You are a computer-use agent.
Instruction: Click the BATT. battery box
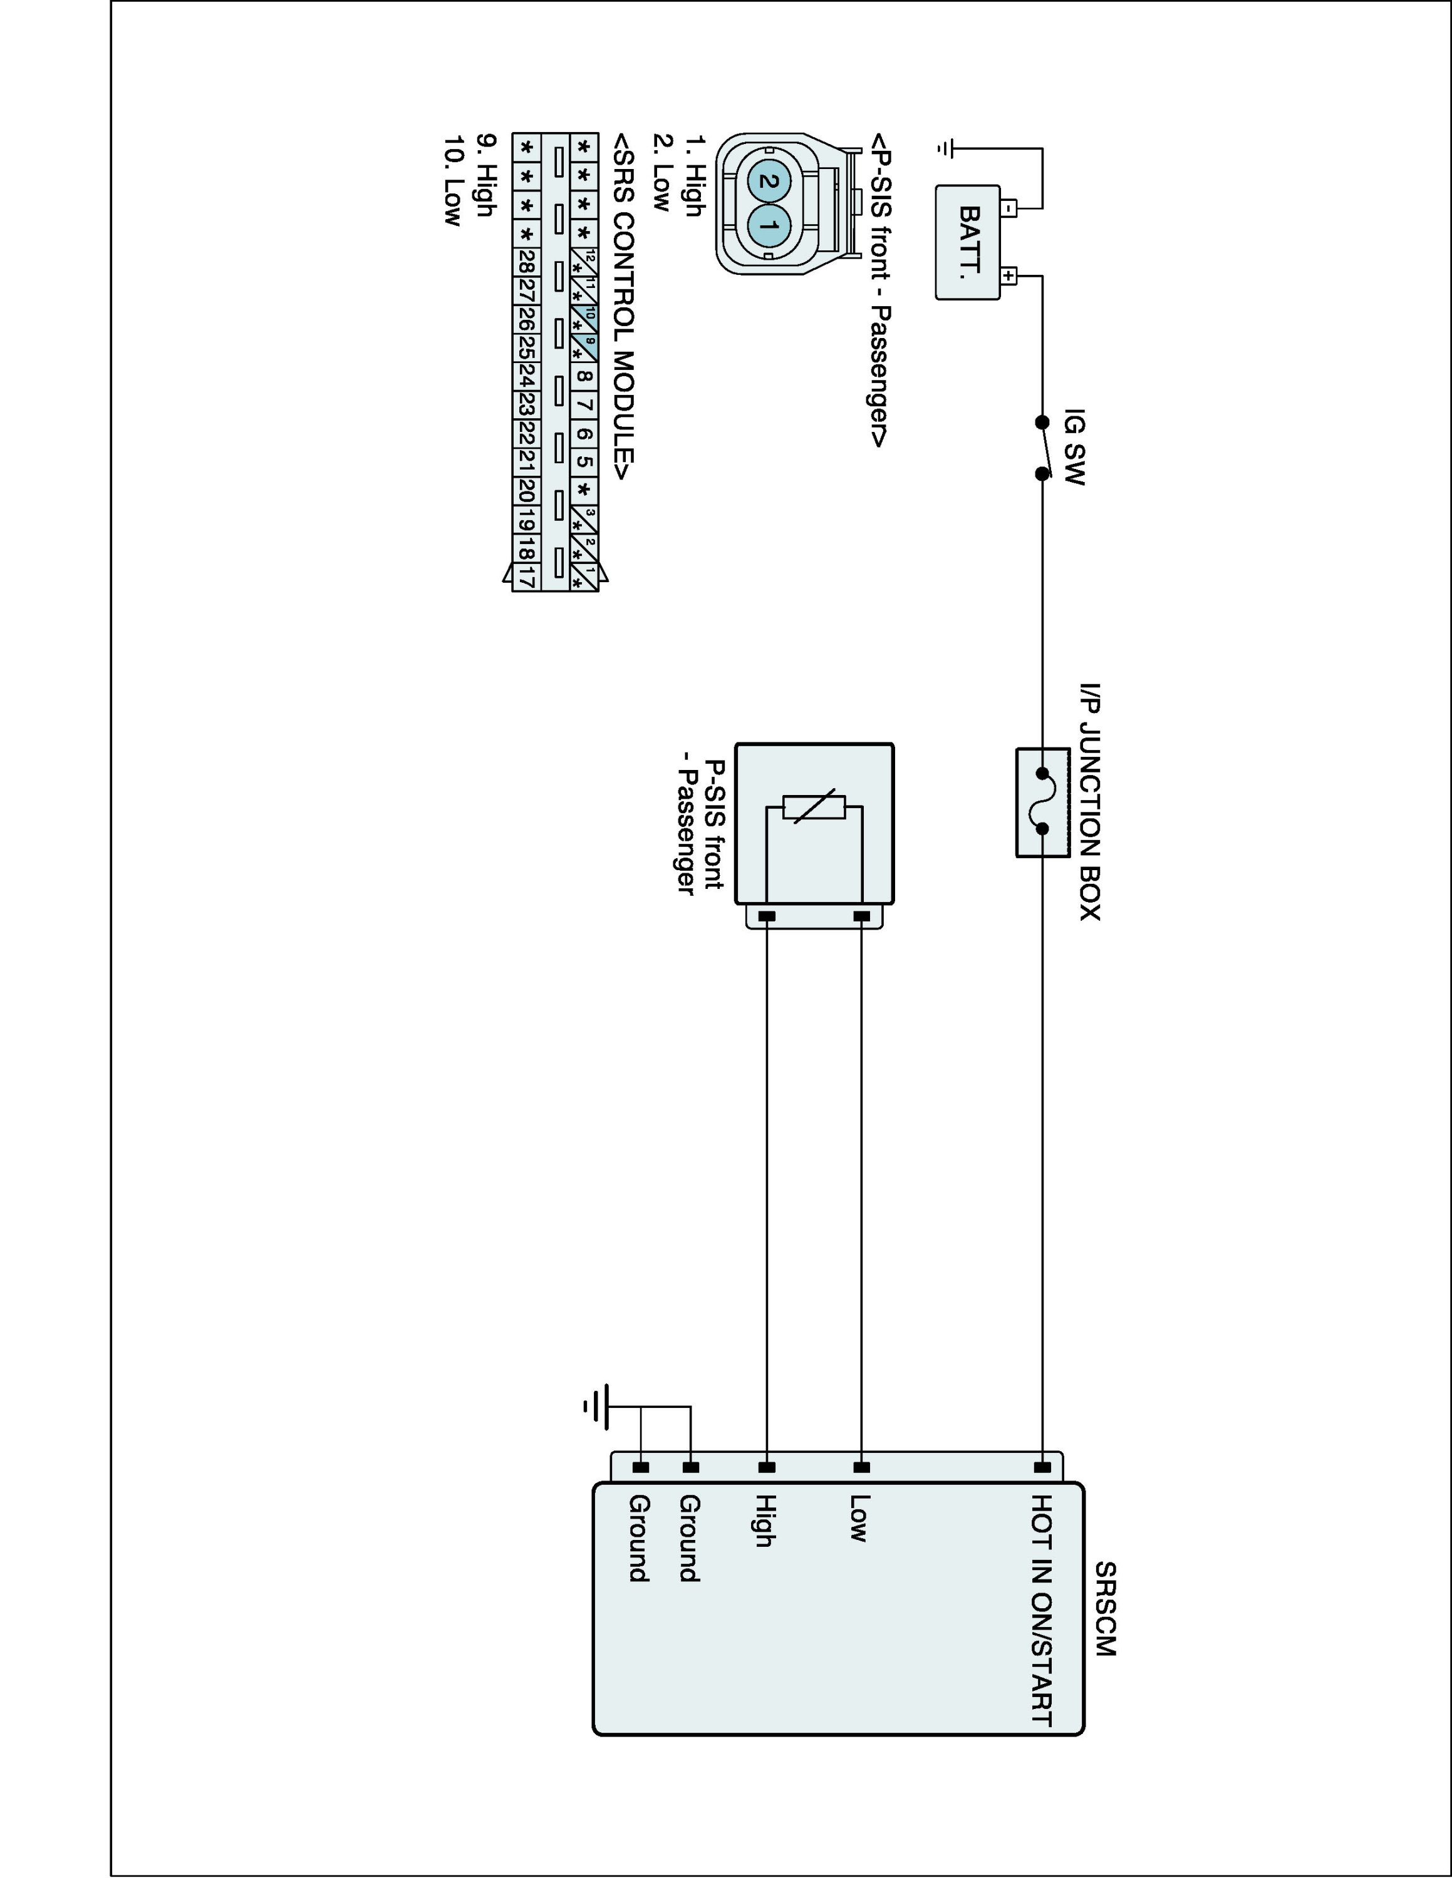pyautogui.click(x=968, y=242)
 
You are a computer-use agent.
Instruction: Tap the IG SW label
pyautogui.click(x=1074, y=446)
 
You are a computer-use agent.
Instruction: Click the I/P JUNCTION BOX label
pyautogui.click(x=1090, y=803)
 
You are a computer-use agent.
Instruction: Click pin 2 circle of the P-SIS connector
pyautogui.click(x=768, y=182)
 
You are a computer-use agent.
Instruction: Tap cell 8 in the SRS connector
pyautogui.click(x=584, y=376)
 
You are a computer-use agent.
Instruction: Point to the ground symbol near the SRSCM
pyautogui.click(x=598, y=1407)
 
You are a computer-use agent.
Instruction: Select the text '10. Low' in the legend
pyautogui.click(x=452, y=180)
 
